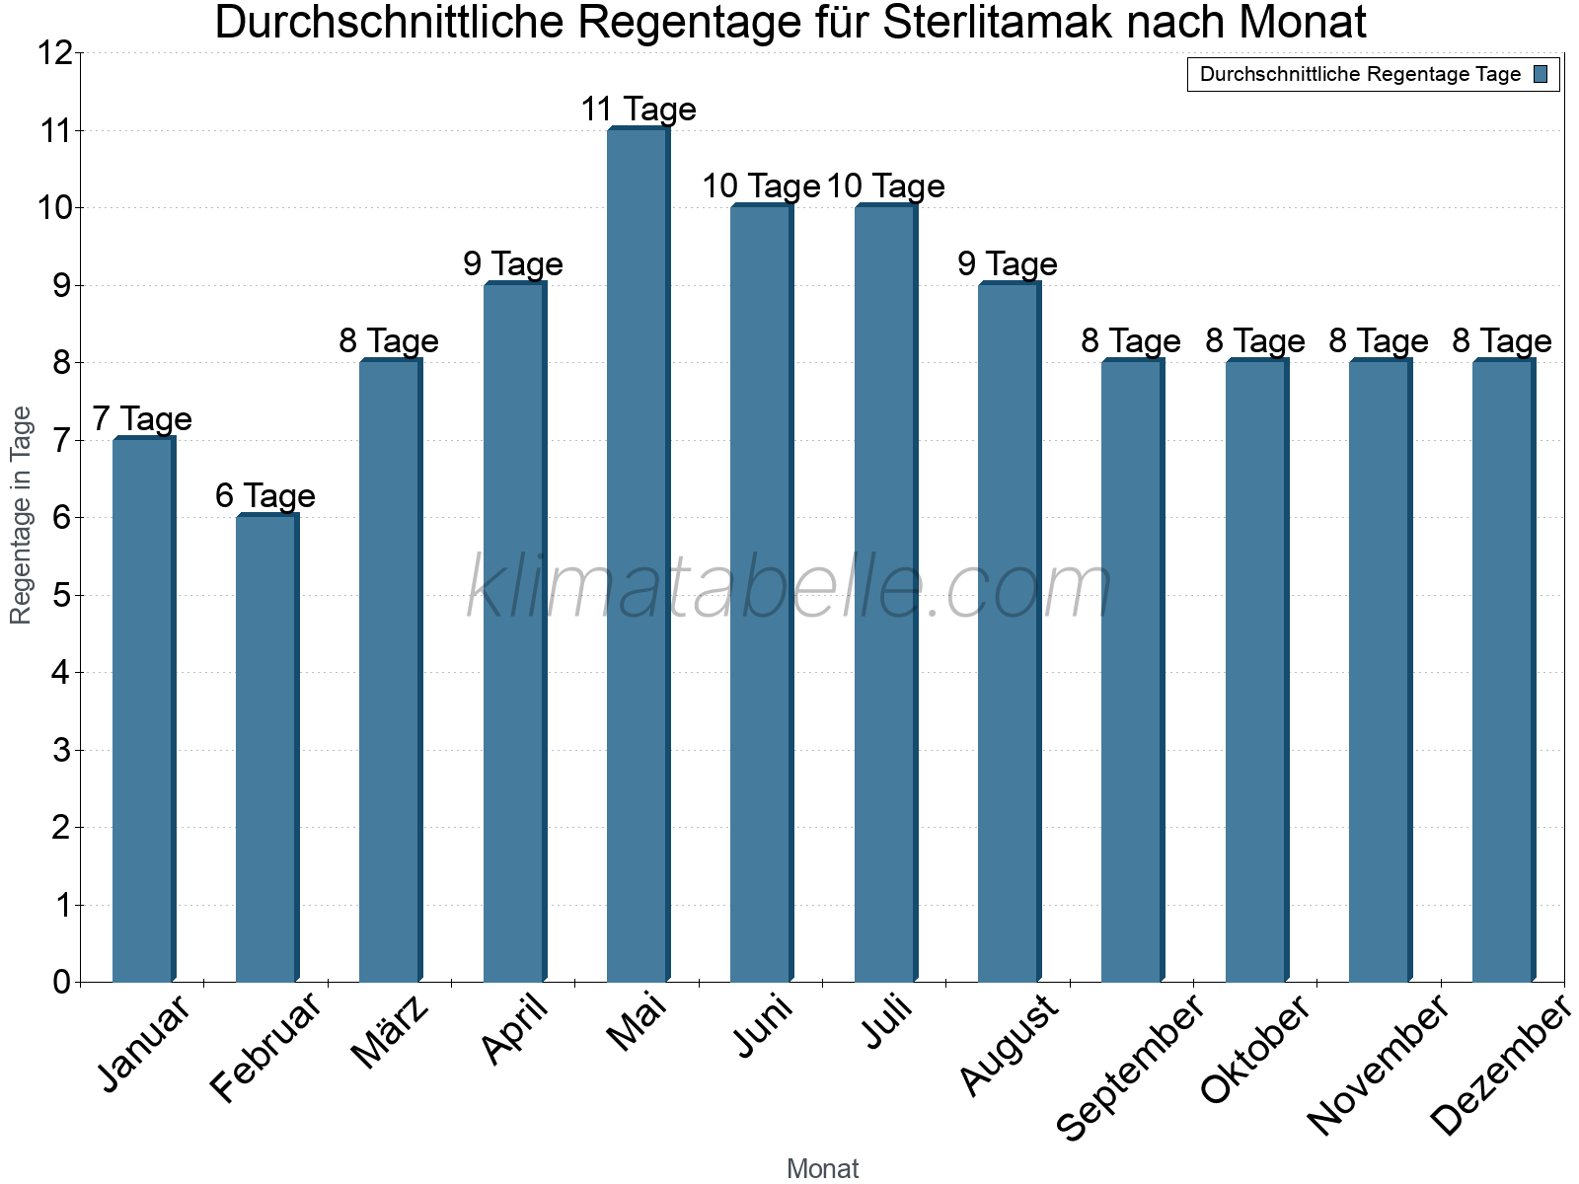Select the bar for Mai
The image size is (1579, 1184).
click(x=638, y=555)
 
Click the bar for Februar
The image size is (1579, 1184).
click(x=266, y=749)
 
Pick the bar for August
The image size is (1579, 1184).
click(x=1009, y=632)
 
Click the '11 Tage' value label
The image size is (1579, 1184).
click(x=638, y=110)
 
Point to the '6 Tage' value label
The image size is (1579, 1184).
click(x=265, y=495)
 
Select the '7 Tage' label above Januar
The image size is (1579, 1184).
click(x=142, y=419)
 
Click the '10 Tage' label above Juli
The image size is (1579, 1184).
click(x=885, y=186)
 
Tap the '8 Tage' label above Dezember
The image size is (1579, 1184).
click(x=1502, y=341)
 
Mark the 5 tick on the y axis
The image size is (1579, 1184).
click(x=61, y=596)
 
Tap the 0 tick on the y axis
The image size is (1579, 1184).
click(x=61, y=983)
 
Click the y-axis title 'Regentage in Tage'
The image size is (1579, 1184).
click(x=21, y=515)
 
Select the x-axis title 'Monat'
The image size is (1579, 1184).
click(x=822, y=1169)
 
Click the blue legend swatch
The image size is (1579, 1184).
click(x=1541, y=74)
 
